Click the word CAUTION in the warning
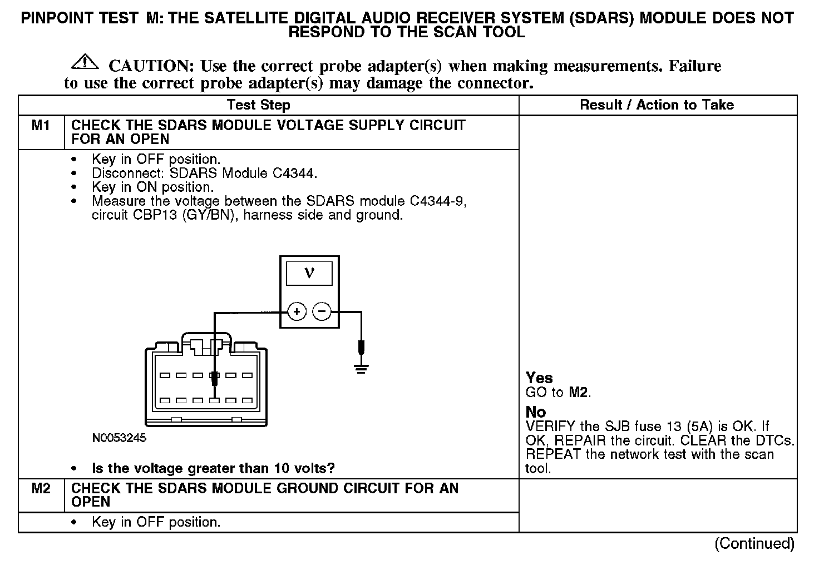click(151, 66)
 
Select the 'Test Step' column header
click(258, 105)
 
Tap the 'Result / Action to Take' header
click(657, 105)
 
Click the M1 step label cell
click(41, 126)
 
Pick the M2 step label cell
click(41, 489)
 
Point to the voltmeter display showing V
click(309, 274)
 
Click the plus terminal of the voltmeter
click(297, 311)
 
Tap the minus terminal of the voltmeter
click(322, 311)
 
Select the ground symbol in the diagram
click(362, 368)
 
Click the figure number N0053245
click(119, 438)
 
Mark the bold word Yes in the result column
click(539, 378)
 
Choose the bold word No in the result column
click(536, 412)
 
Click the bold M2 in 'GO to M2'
click(579, 393)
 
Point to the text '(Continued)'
click(754, 543)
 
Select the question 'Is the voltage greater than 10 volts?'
click(213, 469)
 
